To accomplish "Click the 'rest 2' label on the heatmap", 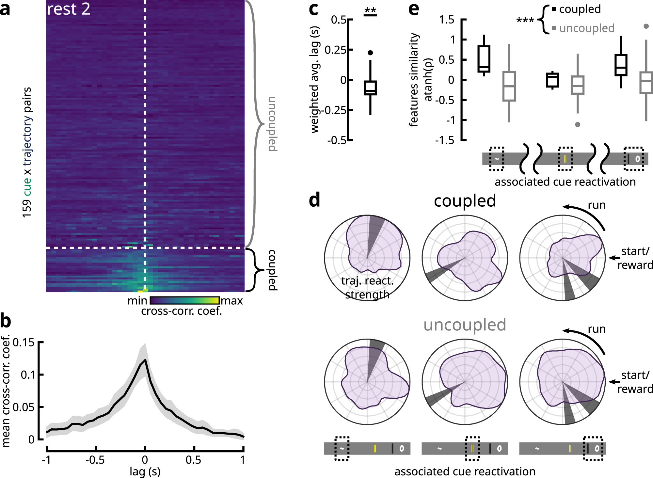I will [x=69, y=9].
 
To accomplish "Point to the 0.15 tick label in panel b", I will [x=24, y=343].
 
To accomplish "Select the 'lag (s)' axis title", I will [x=145, y=471].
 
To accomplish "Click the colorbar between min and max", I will [x=184, y=300].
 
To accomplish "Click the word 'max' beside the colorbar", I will [x=232, y=301].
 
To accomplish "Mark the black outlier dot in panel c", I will [x=370, y=53].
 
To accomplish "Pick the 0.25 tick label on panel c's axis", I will [x=335, y=50].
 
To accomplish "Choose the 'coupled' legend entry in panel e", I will [x=580, y=9].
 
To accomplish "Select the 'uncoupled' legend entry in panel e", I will [x=586, y=28].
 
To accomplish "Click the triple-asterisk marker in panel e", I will [x=525, y=21].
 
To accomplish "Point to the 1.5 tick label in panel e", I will [x=446, y=20].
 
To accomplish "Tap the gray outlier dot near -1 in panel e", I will [x=578, y=124].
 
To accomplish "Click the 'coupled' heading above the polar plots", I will [x=465, y=201].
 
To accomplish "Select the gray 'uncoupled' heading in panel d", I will [x=465, y=325].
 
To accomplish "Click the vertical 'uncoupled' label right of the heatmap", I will [x=272, y=124].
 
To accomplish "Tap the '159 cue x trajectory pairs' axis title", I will [x=27, y=152].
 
